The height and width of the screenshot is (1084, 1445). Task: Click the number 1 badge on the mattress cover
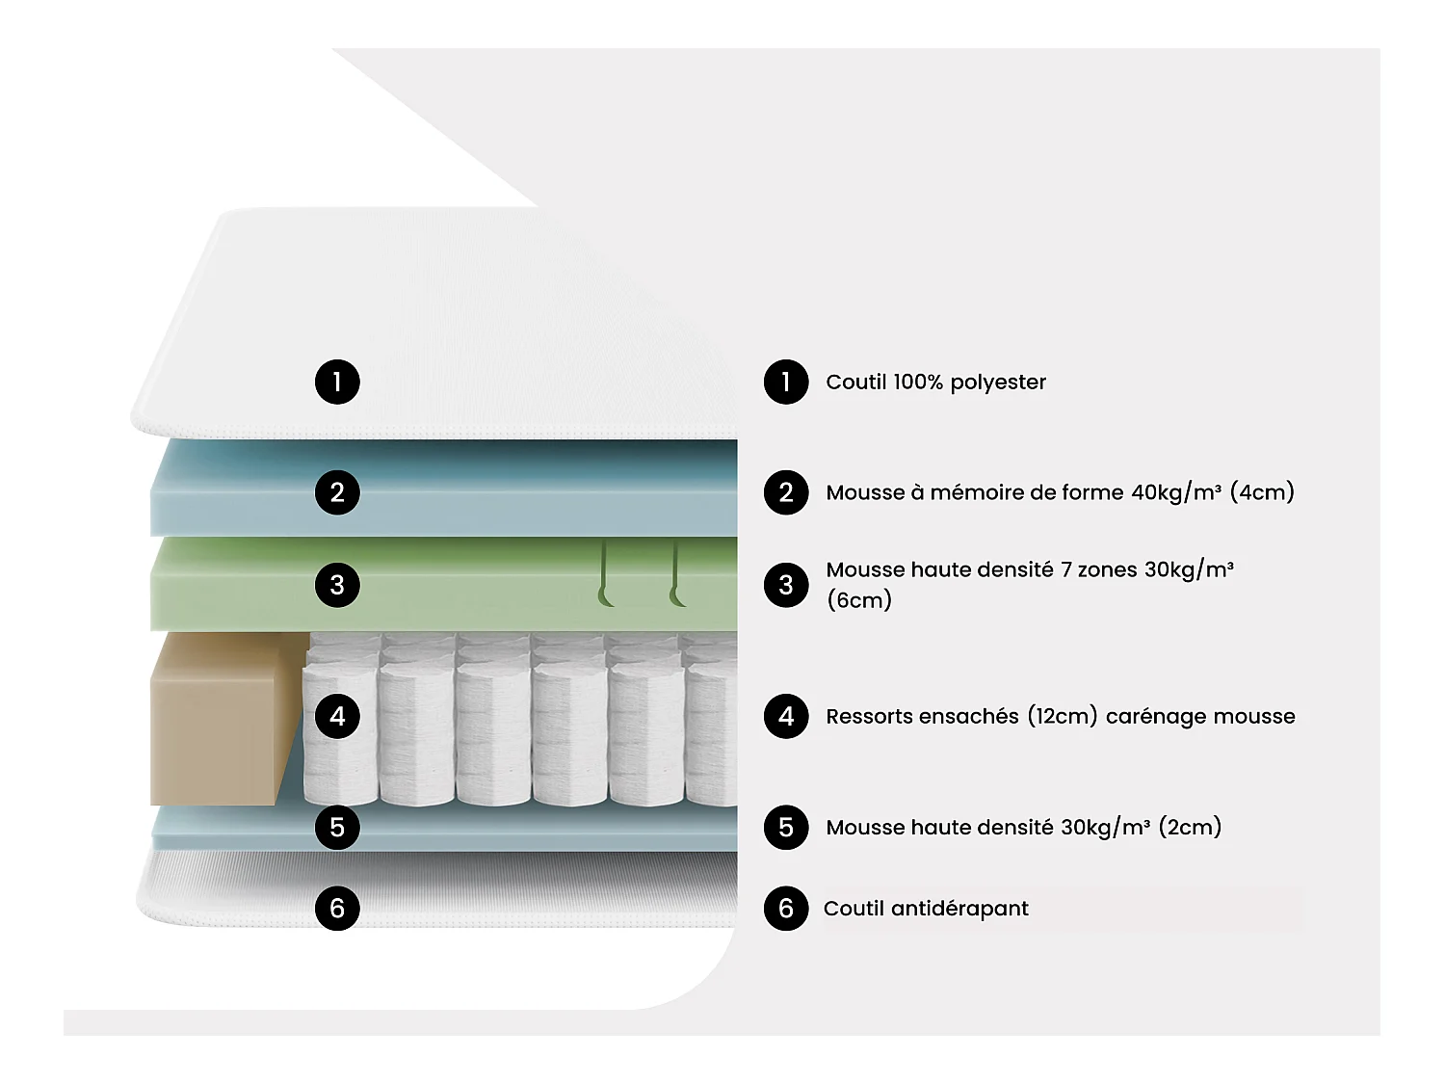(337, 382)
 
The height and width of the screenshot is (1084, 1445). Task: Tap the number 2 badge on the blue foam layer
(337, 492)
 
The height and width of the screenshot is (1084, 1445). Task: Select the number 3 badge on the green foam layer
(337, 585)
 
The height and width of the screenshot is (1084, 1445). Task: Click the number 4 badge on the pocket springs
(337, 716)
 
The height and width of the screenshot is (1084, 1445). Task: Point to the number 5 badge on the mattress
(337, 827)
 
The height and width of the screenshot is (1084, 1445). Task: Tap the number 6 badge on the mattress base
(337, 908)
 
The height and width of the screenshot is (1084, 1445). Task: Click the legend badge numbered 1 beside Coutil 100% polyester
(786, 382)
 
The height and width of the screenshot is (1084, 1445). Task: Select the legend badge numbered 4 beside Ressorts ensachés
(786, 716)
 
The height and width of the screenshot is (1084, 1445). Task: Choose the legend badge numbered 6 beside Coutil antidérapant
(786, 908)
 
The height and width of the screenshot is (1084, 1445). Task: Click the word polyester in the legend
(998, 383)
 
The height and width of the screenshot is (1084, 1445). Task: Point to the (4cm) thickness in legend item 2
(1262, 492)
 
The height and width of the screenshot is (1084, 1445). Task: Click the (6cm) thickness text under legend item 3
(859, 600)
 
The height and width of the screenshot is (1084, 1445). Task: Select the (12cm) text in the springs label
(1062, 716)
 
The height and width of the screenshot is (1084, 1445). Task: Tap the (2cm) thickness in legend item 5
(1190, 827)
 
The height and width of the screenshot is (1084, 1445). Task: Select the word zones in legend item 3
(1107, 569)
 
